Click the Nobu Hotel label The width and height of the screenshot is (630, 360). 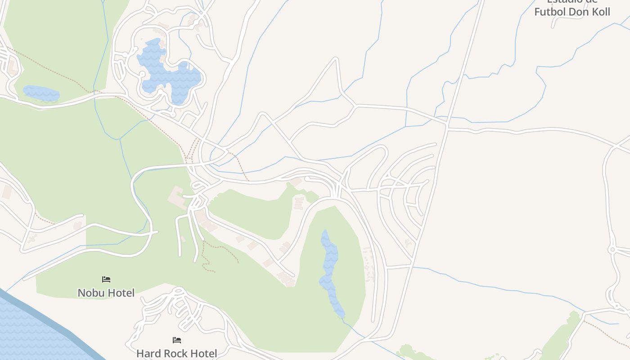pos(106,293)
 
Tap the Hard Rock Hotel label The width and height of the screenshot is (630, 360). pos(176,354)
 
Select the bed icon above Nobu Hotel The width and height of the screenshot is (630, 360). pos(106,279)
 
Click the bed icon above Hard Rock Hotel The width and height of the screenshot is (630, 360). pos(177,340)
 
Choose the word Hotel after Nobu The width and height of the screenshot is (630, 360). pos(120,293)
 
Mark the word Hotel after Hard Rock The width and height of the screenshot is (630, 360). pos(204,354)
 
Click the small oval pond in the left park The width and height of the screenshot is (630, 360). pos(41,93)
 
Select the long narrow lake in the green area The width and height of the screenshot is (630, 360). pos(329,270)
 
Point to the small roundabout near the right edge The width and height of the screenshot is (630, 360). pos(612,249)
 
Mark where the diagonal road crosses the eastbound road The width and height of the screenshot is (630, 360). pos(446,127)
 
